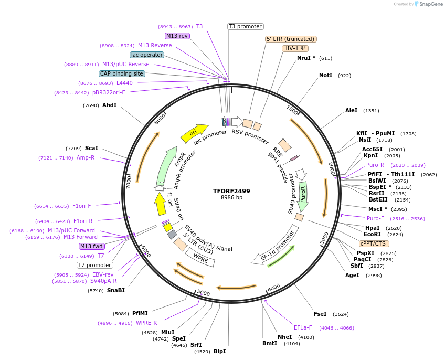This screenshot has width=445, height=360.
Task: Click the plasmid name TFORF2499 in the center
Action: tap(231, 191)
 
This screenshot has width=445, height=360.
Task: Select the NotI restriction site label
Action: tap(325, 76)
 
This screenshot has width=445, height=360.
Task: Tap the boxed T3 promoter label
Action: tap(245, 26)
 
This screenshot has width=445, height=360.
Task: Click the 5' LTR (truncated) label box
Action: tap(291, 39)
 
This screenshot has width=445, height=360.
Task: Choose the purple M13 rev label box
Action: tap(177, 36)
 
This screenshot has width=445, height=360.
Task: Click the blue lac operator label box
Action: tap(146, 55)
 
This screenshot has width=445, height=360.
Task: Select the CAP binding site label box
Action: tap(122, 74)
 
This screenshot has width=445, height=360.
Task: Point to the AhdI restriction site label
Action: tap(109, 105)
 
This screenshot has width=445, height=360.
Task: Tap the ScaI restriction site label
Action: tap(91, 149)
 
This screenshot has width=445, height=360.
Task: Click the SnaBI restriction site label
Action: tap(116, 290)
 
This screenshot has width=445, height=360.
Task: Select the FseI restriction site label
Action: tap(320, 314)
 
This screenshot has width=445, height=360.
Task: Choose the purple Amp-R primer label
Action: tap(86, 157)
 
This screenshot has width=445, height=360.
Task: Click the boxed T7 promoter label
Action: tap(95, 265)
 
